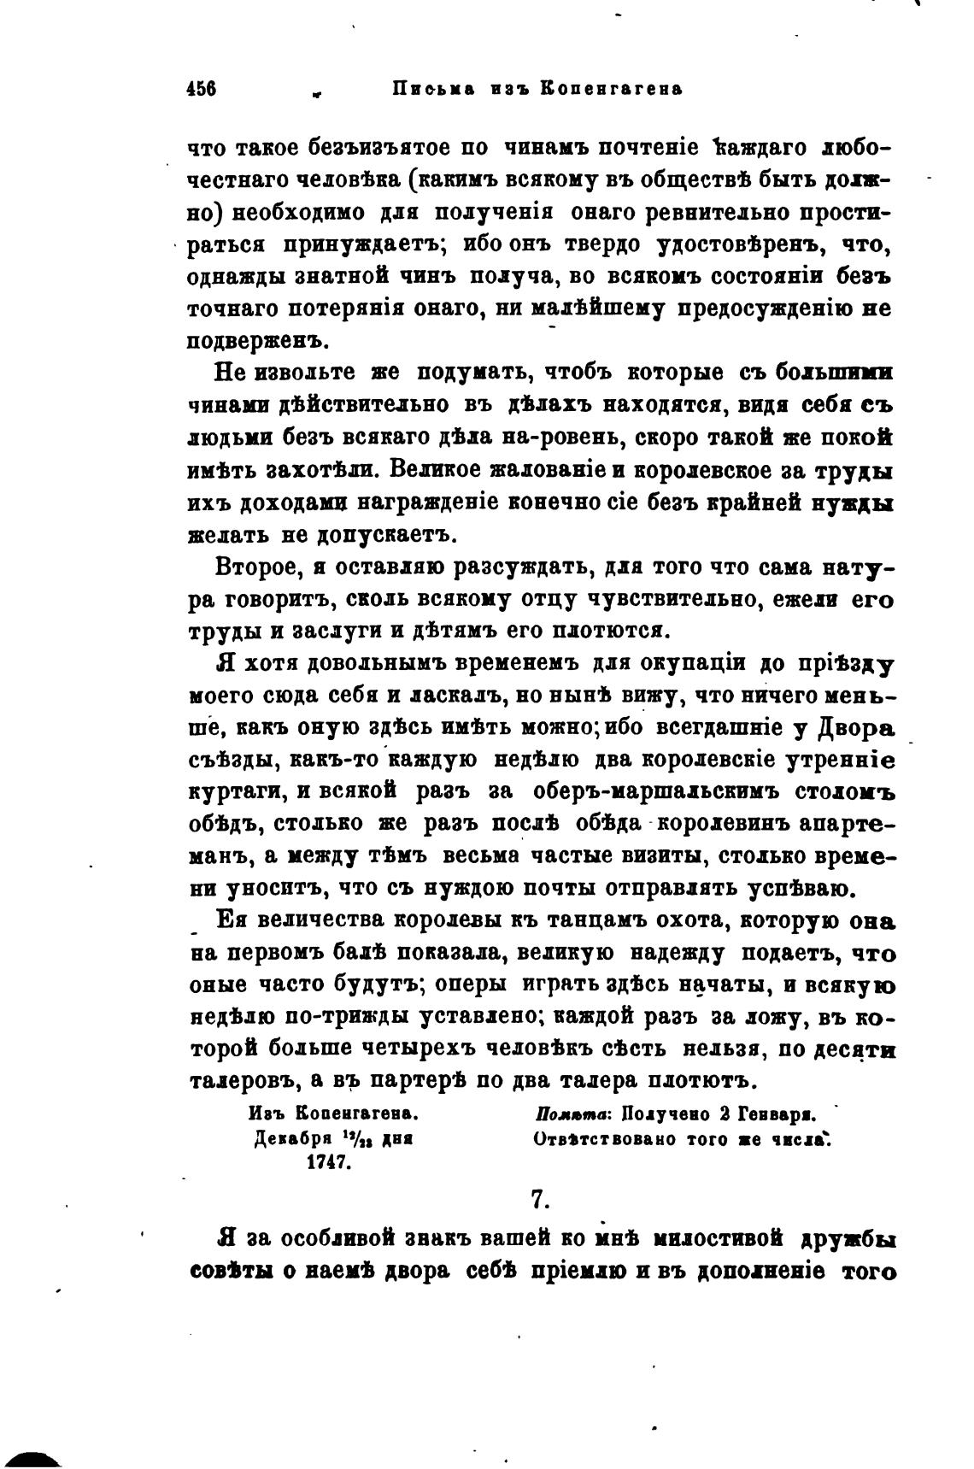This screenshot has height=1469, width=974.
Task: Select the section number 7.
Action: (x=539, y=1200)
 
